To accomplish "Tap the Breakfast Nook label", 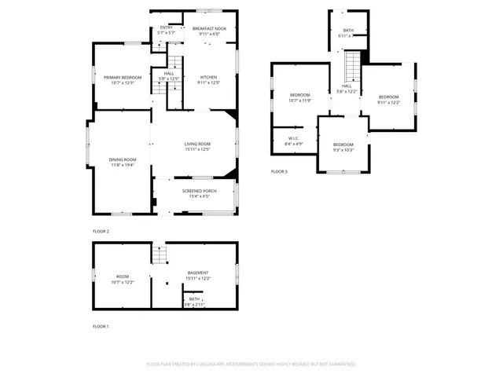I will [208, 28].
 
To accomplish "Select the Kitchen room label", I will [208, 77].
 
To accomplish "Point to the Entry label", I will [166, 28].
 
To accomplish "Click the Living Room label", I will [197, 145].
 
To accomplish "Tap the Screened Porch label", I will [199, 191].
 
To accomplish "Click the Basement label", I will [197, 273].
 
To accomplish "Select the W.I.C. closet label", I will [290, 139].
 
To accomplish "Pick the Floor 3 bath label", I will [347, 31].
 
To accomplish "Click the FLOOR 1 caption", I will [101, 326].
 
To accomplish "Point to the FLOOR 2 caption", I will [101, 232].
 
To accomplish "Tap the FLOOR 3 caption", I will [279, 171].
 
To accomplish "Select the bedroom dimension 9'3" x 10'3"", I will [343, 149].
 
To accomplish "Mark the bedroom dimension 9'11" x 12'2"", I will [389, 102].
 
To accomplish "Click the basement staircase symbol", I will [160, 255].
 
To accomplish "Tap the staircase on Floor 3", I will [353, 65].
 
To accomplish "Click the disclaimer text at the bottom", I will [251, 364].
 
